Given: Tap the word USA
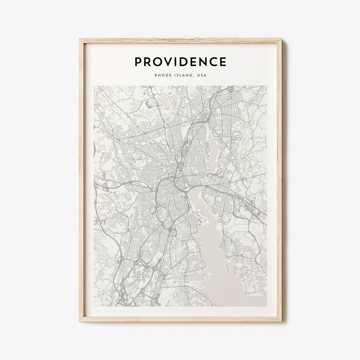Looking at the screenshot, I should pyautogui.click(x=202, y=75).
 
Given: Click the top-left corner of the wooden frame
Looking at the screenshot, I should pyautogui.click(x=80, y=39).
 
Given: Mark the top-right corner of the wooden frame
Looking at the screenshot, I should pyautogui.click(x=281, y=39).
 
